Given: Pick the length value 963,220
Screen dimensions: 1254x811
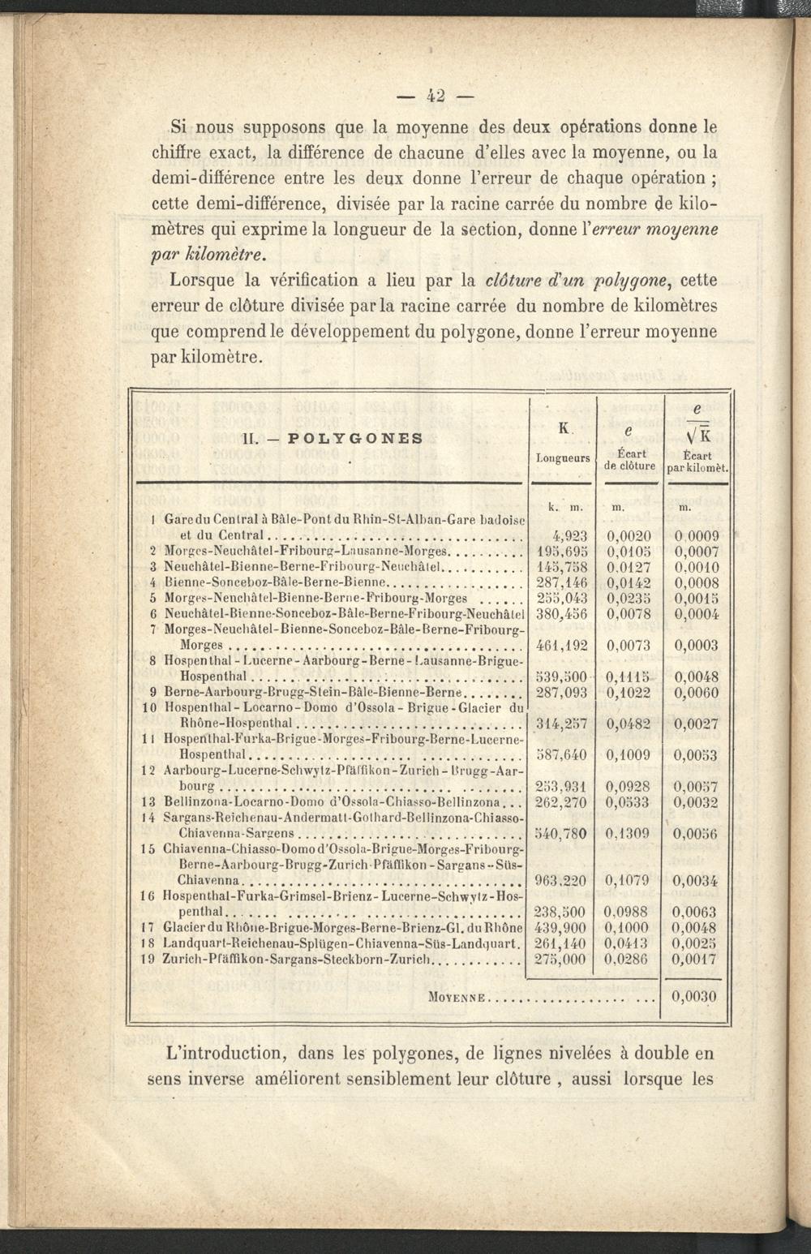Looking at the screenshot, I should [x=562, y=881].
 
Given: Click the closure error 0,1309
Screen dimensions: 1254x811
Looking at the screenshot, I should [x=628, y=834].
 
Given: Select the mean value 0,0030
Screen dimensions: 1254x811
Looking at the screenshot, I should [x=694, y=997].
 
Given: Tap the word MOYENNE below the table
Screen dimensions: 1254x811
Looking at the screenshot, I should [x=456, y=997].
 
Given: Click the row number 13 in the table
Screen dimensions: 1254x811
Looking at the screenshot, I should [x=148, y=802].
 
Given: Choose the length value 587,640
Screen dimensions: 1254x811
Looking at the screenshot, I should [x=562, y=756].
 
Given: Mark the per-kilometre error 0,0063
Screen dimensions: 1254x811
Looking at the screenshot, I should [x=695, y=913].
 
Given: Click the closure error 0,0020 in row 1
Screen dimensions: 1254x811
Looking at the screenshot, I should [x=628, y=536].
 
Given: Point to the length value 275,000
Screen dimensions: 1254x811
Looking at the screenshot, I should [x=562, y=960].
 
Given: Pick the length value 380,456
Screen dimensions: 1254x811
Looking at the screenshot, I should [x=562, y=615].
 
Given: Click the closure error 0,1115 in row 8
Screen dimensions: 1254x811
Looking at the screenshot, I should [x=628, y=677].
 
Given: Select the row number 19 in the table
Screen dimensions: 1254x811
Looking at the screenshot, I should [x=148, y=960].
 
